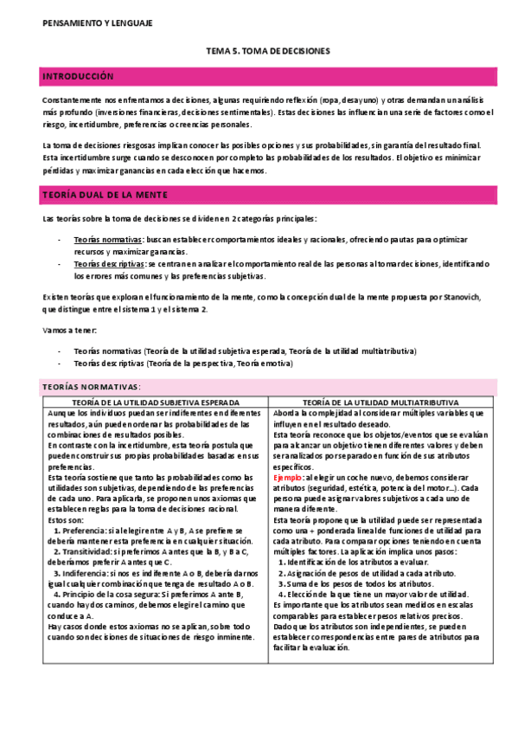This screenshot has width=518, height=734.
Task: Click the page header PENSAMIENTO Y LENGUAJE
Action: pos(97,23)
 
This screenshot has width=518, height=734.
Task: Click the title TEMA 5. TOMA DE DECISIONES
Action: pos(267,52)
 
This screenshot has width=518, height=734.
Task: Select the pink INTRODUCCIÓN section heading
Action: pos(79,78)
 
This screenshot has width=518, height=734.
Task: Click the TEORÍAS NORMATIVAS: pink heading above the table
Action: pos(91,386)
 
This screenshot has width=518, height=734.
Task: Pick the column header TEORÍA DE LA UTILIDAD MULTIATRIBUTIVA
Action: pos(381,403)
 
